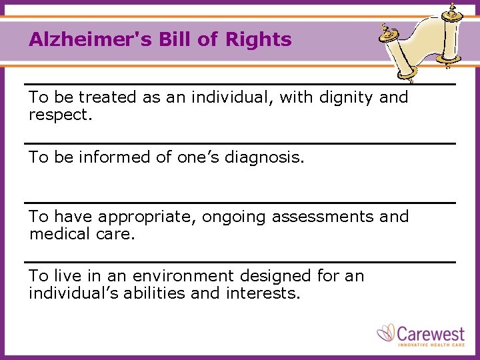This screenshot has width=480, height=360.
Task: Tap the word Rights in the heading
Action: point(258,39)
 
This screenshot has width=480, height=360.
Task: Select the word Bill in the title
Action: point(173,39)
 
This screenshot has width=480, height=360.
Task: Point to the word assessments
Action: point(317,217)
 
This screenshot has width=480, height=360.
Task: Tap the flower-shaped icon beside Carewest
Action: point(387,333)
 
